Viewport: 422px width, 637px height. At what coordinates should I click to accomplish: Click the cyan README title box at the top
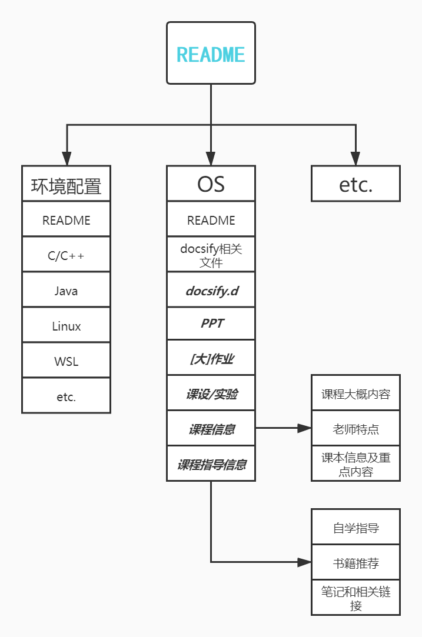click(x=211, y=54)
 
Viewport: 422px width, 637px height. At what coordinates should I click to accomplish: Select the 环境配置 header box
click(x=66, y=184)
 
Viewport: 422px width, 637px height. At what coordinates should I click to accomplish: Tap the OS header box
click(x=211, y=184)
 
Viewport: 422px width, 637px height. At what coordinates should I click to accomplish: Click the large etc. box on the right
click(x=355, y=184)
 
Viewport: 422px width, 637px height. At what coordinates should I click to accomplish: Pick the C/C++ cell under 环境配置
click(x=66, y=255)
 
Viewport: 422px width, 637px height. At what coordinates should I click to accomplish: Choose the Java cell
click(x=66, y=290)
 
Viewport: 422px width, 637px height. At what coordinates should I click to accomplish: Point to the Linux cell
click(x=66, y=325)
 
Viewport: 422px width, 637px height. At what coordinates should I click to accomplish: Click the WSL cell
click(x=66, y=361)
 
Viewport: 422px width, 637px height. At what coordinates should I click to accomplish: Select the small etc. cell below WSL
click(x=66, y=396)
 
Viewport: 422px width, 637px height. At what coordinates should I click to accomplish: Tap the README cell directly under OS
click(x=211, y=219)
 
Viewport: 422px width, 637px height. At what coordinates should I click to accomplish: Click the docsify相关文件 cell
click(x=211, y=255)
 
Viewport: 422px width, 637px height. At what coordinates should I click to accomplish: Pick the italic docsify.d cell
click(x=211, y=290)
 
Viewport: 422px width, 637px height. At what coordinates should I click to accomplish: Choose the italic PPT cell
click(x=211, y=323)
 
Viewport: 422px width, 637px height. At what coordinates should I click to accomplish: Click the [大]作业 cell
click(x=211, y=358)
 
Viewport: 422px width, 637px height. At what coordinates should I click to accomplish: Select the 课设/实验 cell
click(x=211, y=393)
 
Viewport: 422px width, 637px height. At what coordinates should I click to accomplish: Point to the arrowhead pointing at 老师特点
click(x=304, y=428)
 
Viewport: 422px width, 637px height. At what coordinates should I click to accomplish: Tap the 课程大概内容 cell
click(x=355, y=393)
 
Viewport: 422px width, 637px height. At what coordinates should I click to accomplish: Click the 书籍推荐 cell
click(x=355, y=563)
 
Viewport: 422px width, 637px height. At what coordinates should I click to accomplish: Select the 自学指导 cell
click(x=355, y=527)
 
